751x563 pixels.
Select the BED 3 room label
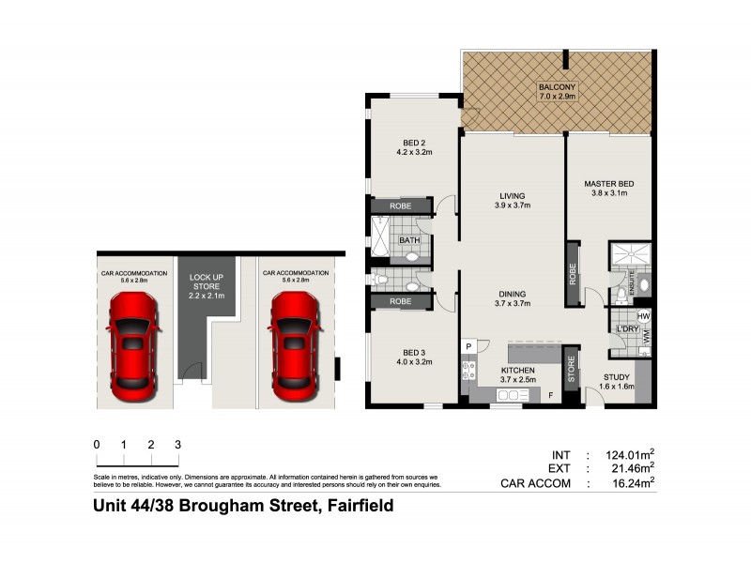(x=410, y=355)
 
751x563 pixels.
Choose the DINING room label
(x=514, y=297)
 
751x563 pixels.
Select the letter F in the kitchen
(x=551, y=395)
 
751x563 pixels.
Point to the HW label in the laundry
(x=644, y=316)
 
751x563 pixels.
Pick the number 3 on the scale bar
(x=177, y=445)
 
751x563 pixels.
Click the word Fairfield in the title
(x=357, y=507)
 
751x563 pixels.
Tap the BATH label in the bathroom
(x=410, y=240)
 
